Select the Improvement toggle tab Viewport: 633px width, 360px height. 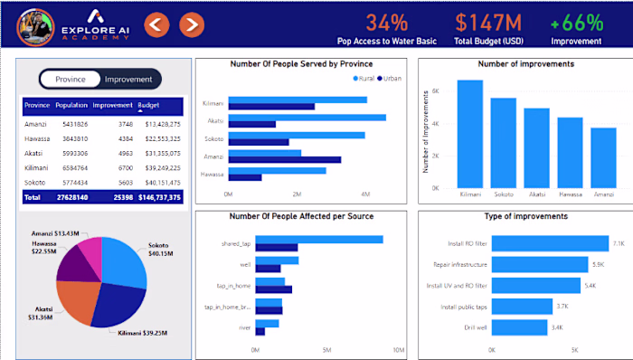128,80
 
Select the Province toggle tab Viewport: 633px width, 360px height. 71,80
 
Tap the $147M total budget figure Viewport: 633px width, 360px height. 487,22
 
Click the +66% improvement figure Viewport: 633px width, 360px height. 576,22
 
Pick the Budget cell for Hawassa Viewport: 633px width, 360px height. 163,138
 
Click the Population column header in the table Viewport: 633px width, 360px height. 71,106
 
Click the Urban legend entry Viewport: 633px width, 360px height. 389,80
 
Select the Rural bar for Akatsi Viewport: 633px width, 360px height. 307,118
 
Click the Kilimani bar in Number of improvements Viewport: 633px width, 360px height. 470,133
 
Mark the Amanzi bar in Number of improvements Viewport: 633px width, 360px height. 603,156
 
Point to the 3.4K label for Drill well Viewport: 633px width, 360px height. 559,328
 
